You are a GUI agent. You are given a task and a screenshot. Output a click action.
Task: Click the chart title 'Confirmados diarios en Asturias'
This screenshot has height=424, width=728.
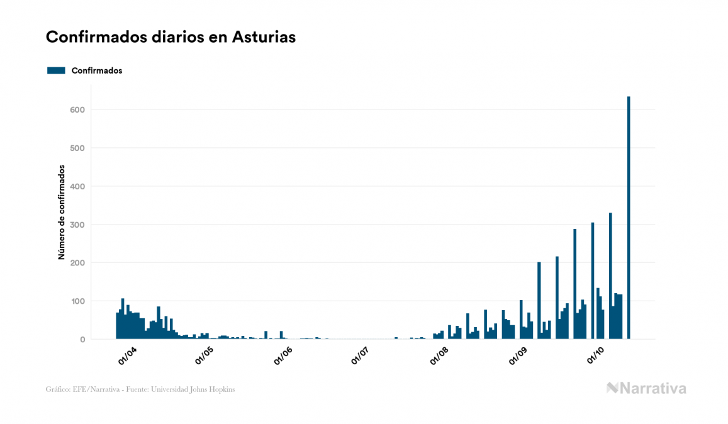coord(171,37)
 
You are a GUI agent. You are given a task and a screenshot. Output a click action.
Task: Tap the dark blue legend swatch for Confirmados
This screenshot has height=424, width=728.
coord(56,70)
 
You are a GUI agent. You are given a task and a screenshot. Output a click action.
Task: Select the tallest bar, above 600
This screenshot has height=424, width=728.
coord(629,218)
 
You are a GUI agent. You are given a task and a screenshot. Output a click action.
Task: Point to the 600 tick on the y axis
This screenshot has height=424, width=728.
coord(77,110)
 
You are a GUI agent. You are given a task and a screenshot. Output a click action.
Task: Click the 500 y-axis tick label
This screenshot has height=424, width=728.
coord(77,148)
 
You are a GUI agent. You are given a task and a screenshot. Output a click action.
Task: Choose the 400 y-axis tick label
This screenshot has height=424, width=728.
coord(77,187)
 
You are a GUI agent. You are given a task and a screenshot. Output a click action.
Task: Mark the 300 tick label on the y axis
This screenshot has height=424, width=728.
coord(77,225)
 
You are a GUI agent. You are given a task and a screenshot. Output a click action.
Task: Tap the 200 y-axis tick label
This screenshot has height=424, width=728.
coord(77,263)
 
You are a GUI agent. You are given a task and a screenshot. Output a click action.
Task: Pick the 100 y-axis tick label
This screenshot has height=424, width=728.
coord(77,301)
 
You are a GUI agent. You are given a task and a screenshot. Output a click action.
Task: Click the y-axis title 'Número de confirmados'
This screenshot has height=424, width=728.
coord(62,212)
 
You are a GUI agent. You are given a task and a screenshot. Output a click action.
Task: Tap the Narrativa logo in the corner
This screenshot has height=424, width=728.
coord(646,388)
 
